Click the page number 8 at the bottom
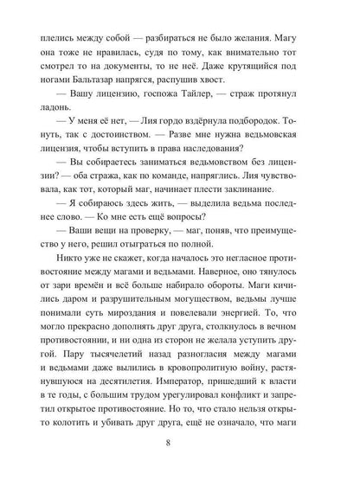(179, 447)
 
